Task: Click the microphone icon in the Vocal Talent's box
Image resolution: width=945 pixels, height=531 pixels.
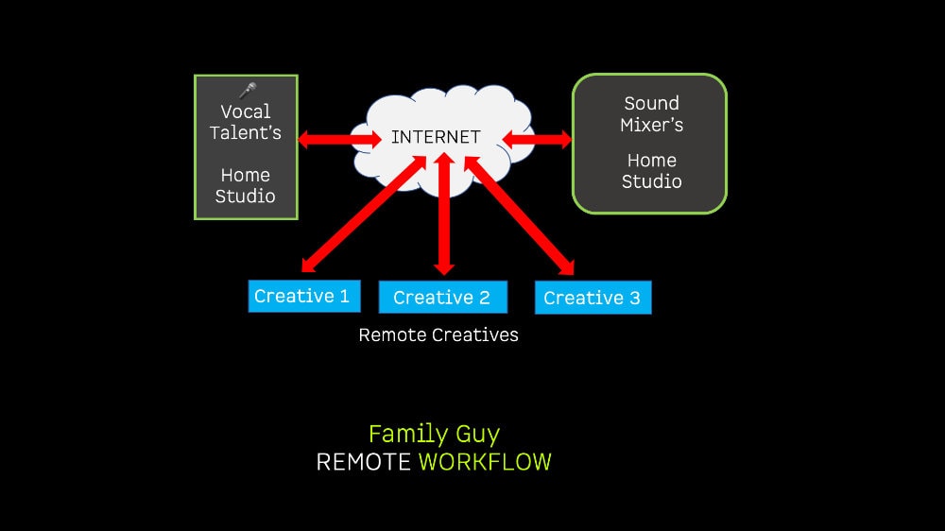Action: (x=248, y=91)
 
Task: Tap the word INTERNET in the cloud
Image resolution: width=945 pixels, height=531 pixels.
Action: (x=436, y=137)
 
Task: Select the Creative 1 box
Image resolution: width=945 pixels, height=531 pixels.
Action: (x=302, y=296)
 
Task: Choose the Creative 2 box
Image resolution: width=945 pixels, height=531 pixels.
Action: (x=442, y=298)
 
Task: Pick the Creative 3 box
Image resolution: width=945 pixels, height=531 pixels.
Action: (x=593, y=299)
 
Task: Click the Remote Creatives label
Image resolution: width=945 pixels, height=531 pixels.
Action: (x=438, y=334)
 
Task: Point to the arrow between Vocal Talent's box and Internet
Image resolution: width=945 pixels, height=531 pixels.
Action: (x=339, y=140)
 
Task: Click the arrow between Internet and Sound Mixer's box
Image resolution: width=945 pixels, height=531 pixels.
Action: (x=537, y=140)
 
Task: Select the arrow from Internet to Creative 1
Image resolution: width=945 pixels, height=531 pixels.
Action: (x=359, y=214)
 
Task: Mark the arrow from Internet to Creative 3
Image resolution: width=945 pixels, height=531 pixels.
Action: (x=520, y=214)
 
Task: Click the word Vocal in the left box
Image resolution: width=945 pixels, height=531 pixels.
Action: (x=246, y=111)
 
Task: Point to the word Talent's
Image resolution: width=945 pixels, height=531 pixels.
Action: (x=246, y=133)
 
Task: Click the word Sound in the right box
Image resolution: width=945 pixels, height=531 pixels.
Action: (x=651, y=103)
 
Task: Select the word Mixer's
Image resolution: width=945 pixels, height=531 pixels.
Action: (x=651, y=125)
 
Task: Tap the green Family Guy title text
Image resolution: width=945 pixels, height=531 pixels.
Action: (x=434, y=434)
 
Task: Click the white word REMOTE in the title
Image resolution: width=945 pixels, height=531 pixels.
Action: (x=364, y=462)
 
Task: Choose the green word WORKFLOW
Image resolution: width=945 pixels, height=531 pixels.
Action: (x=485, y=462)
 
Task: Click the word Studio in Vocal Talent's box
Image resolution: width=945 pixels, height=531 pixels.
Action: (x=246, y=197)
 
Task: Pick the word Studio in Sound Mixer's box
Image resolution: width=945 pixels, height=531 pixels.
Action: (x=651, y=181)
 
